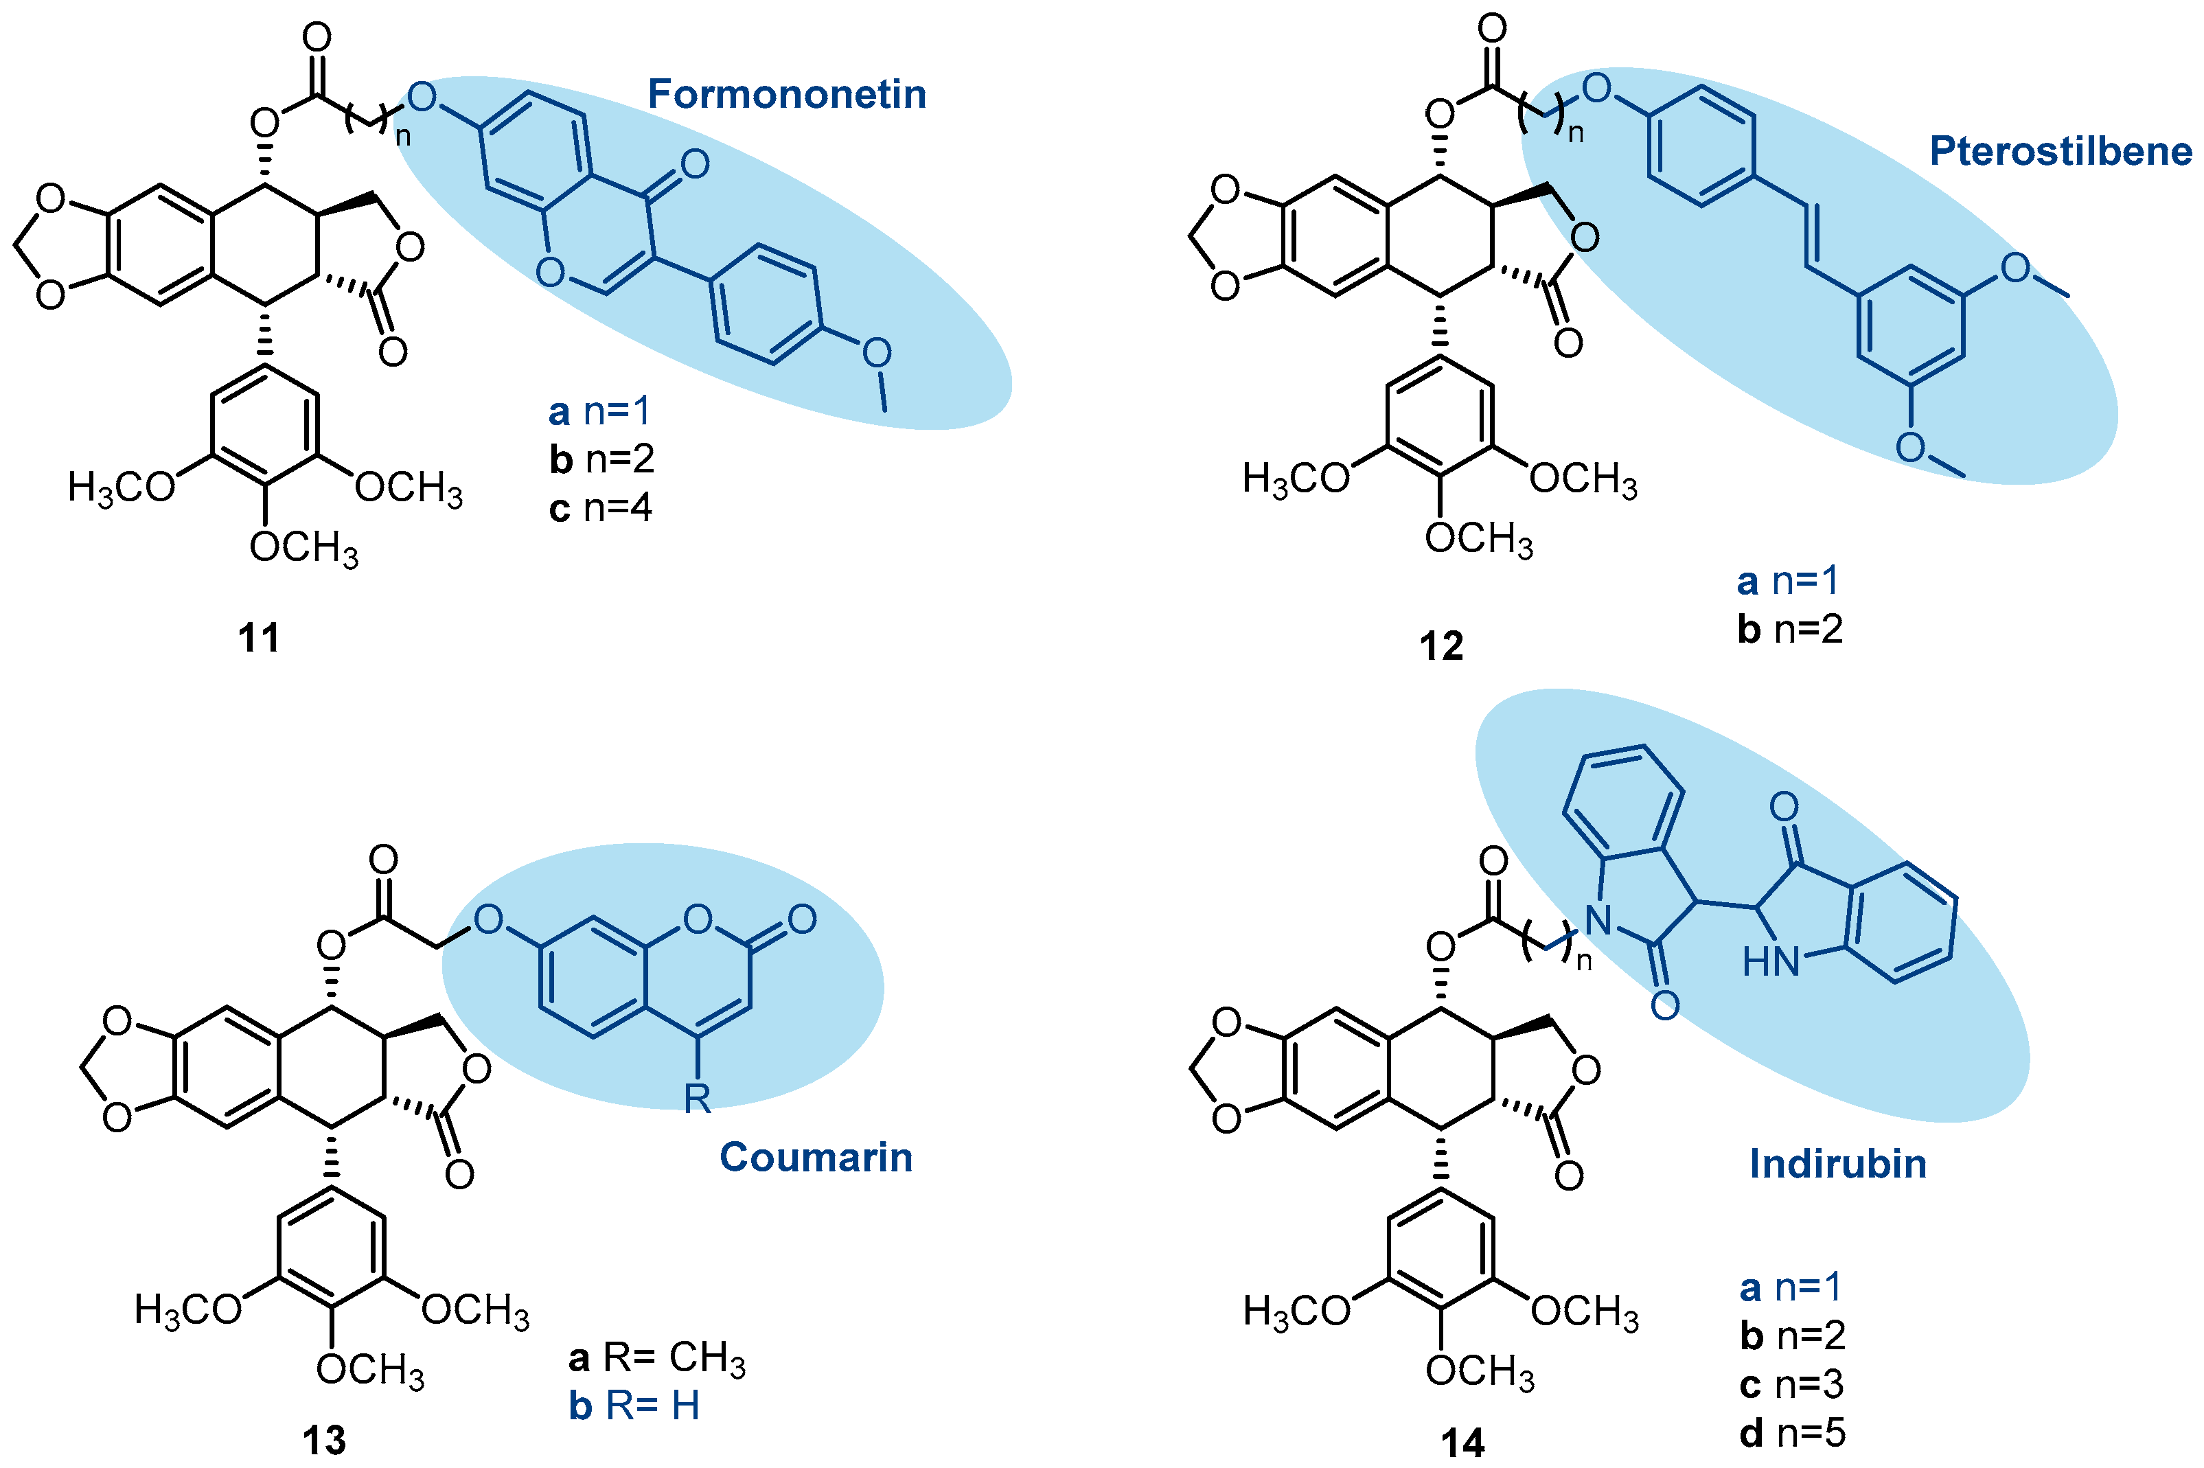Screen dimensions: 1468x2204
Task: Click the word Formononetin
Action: tap(786, 95)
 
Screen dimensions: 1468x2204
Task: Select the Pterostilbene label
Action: tap(2060, 152)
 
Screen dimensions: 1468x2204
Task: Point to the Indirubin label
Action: tap(1838, 1165)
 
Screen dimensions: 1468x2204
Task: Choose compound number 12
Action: tap(1441, 647)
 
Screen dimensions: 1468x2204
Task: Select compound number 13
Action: tap(324, 1441)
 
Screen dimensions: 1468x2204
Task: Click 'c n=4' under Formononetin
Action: tap(600, 508)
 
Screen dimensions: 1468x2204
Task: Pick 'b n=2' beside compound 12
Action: tap(1790, 629)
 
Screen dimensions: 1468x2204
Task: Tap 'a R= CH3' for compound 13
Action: tap(657, 1357)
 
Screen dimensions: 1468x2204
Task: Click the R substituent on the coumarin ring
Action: tap(697, 1098)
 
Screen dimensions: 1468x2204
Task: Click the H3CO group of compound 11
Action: tap(122, 488)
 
